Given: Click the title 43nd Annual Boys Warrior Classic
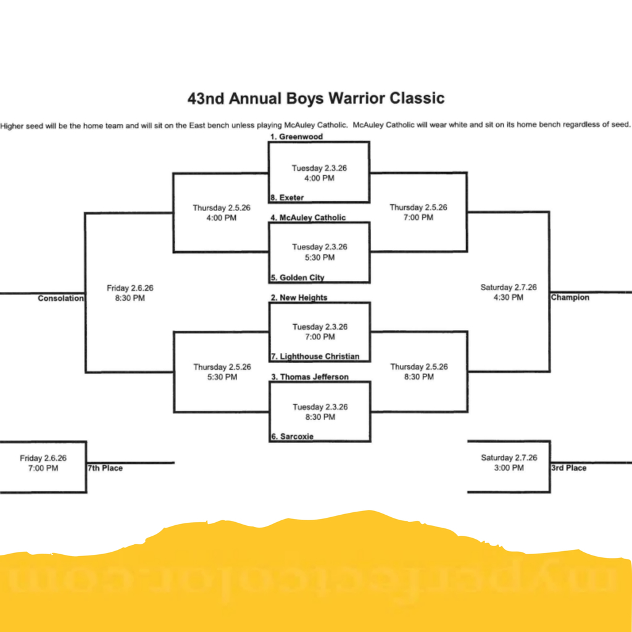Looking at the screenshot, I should [316, 98].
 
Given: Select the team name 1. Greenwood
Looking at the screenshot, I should [296, 136].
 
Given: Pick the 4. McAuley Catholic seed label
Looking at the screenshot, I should [308, 217].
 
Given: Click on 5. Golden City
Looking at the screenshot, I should [297, 278].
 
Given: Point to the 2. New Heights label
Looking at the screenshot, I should [299, 297].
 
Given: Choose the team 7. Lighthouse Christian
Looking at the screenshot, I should [314, 357].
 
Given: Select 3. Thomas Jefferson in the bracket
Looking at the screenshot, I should [309, 376].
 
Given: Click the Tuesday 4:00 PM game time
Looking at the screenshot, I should [320, 173].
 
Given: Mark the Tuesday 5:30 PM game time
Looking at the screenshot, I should [320, 252].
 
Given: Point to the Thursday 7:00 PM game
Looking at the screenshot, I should [418, 212].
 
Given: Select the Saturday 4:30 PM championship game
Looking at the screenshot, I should [509, 292].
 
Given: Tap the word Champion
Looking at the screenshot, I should [570, 297].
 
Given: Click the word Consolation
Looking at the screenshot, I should [60, 298].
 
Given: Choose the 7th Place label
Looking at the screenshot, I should [105, 468].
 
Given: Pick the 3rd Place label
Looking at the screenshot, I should [569, 468].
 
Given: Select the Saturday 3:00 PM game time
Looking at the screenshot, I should [509, 463].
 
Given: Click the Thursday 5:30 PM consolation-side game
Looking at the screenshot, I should [222, 372].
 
